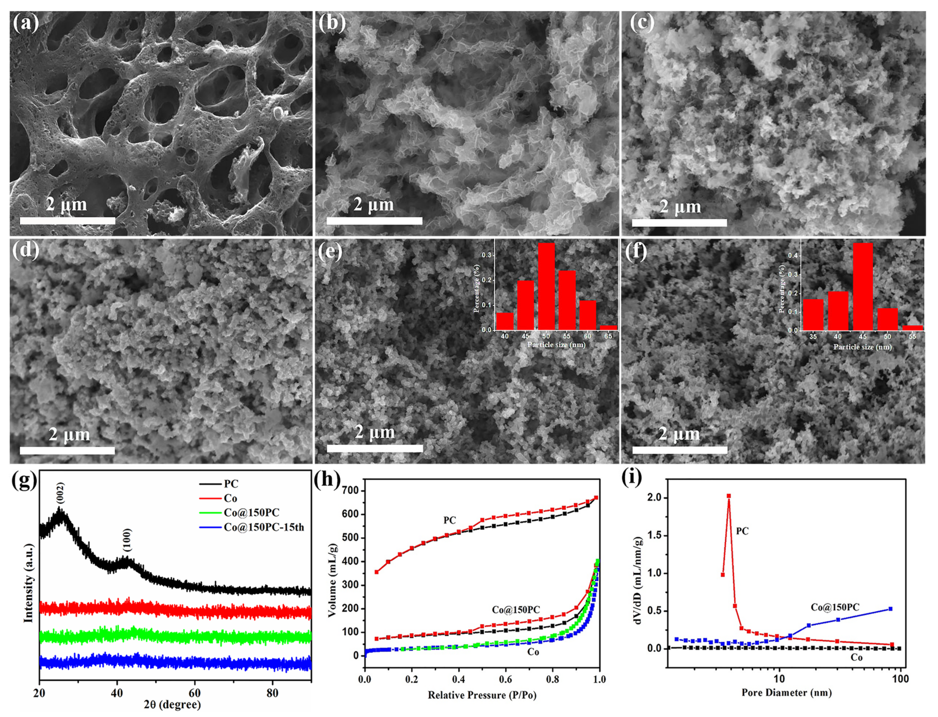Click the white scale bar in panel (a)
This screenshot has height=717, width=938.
coord(67,221)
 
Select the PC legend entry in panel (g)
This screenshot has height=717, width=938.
coord(231,484)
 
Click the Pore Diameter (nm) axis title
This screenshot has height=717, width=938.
coord(786,692)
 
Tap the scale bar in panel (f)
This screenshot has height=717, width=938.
coord(680,450)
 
